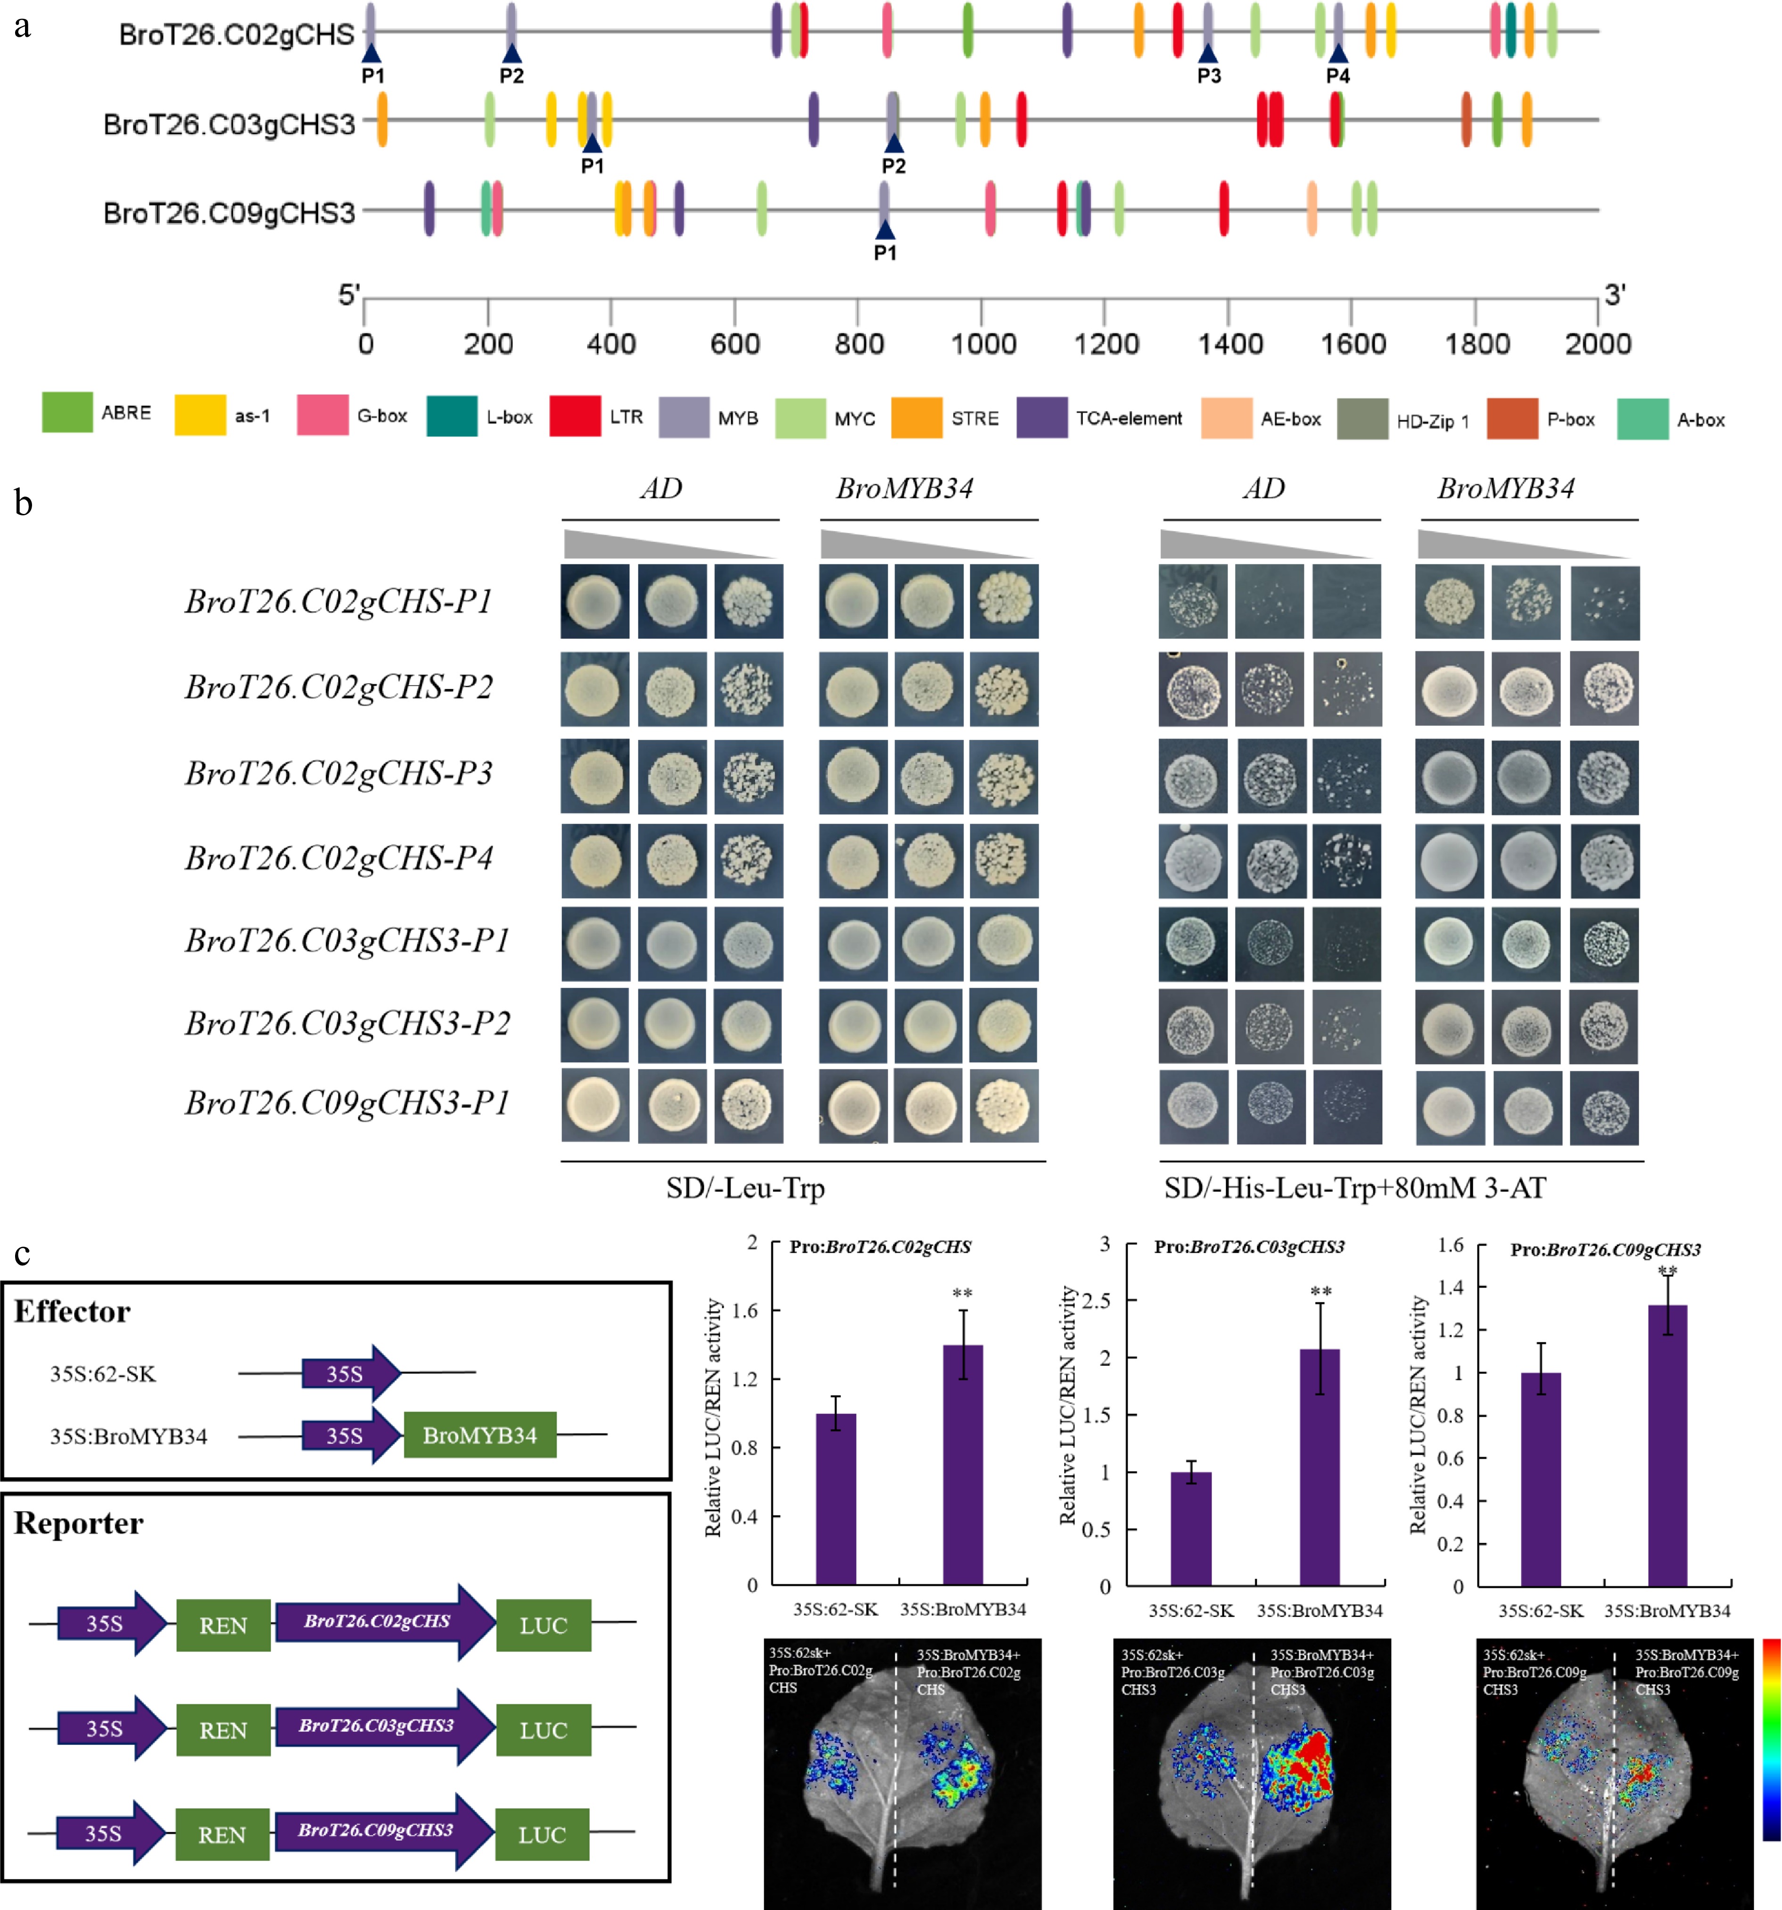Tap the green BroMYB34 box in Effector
point(479,1435)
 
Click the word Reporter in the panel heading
point(79,1524)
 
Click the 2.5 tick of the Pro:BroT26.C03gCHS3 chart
point(1096,1301)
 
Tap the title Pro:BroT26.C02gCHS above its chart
point(880,1247)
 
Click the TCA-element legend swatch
point(1041,418)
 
